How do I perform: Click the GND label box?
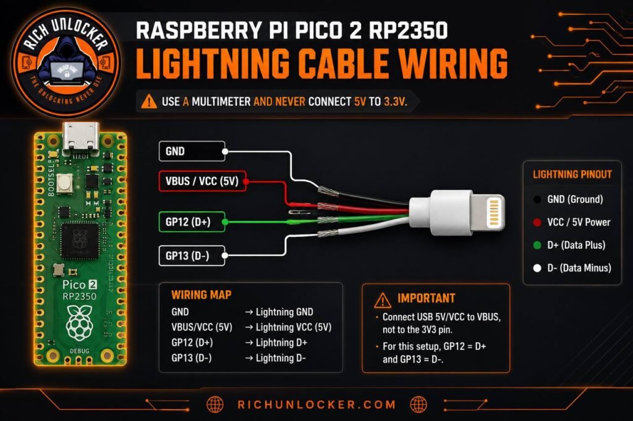click(192, 151)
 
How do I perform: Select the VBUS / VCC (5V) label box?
click(202, 181)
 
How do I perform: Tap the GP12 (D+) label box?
click(192, 222)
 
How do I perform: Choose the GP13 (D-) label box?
click(192, 256)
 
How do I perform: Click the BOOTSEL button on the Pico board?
click(64, 183)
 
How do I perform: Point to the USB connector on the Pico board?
click(81, 138)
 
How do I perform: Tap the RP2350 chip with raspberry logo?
click(80, 241)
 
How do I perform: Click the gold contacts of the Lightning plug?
click(494, 212)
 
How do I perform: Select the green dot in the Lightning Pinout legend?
click(537, 245)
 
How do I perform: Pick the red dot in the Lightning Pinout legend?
click(537, 222)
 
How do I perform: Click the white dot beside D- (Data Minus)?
click(537, 268)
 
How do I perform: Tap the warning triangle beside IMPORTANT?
click(382, 299)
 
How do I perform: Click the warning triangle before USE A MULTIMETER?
click(149, 101)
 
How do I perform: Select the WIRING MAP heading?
click(201, 295)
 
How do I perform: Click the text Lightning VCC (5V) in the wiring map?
click(294, 327)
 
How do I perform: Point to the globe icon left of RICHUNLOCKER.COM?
click(215, 404)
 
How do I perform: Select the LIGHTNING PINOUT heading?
click(572, 174)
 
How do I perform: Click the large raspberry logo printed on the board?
click(79, 322)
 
